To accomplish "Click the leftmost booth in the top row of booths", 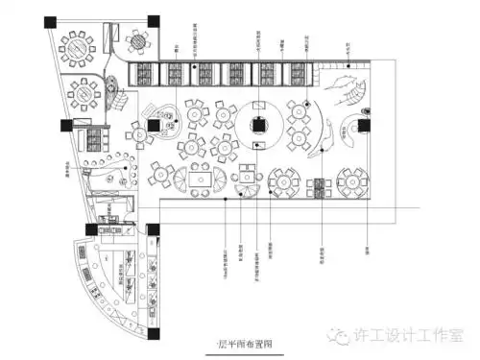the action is pyautogui.click(x=147, y=73).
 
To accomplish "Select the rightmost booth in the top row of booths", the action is pyautogui.click(x=294, y=73).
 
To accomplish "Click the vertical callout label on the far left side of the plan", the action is pyautogui.click(x=67, y=172).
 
